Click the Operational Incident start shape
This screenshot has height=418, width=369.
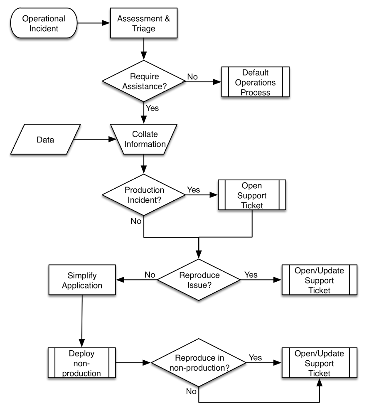click(44, 24)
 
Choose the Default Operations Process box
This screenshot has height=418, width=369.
click(255, 81)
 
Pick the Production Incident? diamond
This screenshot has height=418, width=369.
click(143, 195)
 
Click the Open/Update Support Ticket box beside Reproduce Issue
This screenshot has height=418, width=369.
click(319, 280)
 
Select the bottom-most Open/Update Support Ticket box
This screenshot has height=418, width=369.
click(319, 363)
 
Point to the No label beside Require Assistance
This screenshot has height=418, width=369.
click(192, 76)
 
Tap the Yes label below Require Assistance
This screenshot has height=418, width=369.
click(151, 108)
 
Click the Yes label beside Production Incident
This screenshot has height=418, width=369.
click(193, 190)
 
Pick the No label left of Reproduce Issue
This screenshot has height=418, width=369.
click(150, 275)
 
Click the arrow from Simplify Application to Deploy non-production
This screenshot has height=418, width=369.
click(82, 320)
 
